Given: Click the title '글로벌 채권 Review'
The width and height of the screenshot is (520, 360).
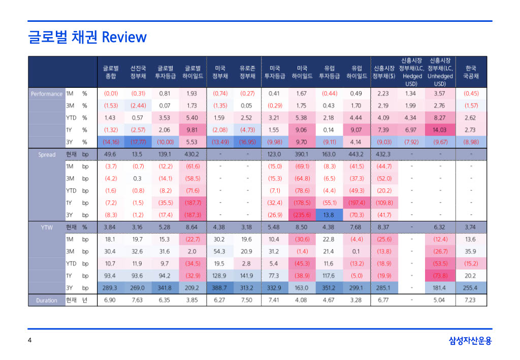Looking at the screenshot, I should point(87,37).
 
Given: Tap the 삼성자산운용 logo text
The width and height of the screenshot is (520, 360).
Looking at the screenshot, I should point(470,341).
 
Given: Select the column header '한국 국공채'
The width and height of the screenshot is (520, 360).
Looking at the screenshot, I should point(470,72).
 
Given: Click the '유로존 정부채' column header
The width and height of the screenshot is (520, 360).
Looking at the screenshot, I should point(247,72).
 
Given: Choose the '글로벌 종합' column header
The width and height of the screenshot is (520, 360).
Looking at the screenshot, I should point(111,72).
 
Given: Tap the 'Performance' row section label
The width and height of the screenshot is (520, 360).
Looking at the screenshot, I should point(46,94).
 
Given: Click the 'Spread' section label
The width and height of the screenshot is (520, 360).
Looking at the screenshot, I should point(47,154).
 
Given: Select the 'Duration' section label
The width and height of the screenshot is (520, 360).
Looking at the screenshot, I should point(47,301).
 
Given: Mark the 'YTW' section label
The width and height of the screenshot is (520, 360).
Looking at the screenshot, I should point(47,227).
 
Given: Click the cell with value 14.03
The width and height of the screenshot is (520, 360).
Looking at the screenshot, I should point(439,130).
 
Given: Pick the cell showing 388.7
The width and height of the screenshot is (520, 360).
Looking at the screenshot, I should point(219,288).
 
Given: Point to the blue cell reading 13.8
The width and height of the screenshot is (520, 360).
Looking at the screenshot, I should point(329,215).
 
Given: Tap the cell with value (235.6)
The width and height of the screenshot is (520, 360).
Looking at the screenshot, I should point(302,215).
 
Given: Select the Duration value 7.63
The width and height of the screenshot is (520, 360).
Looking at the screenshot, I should point(137,301).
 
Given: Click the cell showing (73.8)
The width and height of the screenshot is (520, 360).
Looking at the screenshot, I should point(440,276).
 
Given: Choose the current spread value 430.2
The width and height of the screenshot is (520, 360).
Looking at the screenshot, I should point(192,154).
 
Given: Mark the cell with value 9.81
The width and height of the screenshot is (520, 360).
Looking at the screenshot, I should point(192,130).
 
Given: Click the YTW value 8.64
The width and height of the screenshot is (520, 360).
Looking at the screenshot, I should point(192,227).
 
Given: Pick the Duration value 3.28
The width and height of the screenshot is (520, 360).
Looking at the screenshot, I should point(356,301).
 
